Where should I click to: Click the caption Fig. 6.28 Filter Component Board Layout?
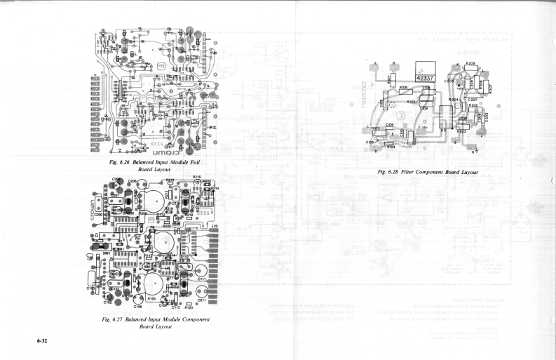428,172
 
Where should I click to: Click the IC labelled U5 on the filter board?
444,129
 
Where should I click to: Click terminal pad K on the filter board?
459,67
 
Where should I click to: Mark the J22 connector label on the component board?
214,226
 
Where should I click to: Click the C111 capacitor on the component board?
202,279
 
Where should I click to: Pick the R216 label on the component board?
197,178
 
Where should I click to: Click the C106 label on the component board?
137,307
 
